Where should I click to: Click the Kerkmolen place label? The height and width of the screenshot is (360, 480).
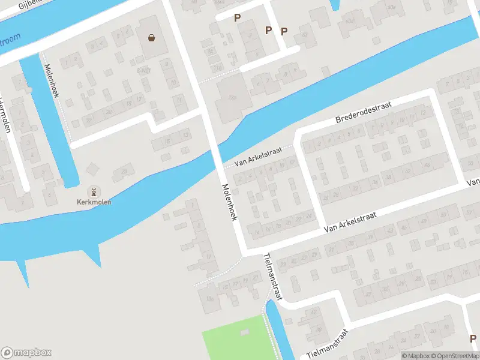coord(94,202)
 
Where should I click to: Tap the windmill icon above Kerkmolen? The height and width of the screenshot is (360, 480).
coord(94,192)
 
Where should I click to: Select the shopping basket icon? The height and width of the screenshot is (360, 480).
coord(151,38)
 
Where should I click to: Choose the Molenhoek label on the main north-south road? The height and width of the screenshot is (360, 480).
coord(229,202)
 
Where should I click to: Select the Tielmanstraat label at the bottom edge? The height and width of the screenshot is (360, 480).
coord(327,343)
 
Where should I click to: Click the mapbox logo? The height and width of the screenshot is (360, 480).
coord(26,353)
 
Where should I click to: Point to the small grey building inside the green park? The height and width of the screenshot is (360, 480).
coord(244,332)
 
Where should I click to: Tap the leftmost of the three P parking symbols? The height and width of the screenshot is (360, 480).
coord(238,18)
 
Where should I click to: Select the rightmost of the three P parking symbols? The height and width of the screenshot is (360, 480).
coord(284,31)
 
